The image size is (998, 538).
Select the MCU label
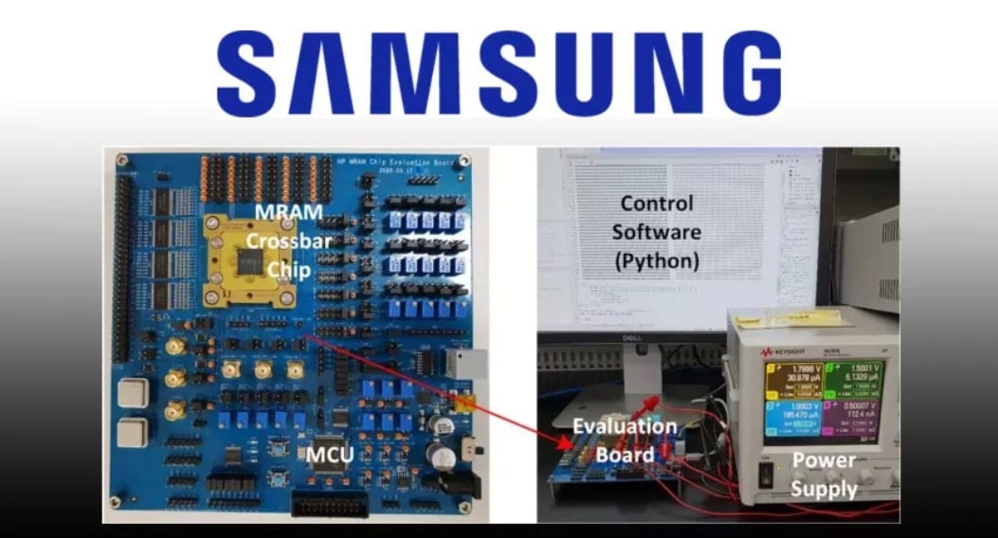329,455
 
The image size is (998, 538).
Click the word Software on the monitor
656,232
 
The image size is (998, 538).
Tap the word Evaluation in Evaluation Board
624,427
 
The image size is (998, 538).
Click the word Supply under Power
824,489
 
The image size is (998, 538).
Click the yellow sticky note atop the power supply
795,318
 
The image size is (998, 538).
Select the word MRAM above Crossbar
275,211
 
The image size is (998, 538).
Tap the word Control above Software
656,203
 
